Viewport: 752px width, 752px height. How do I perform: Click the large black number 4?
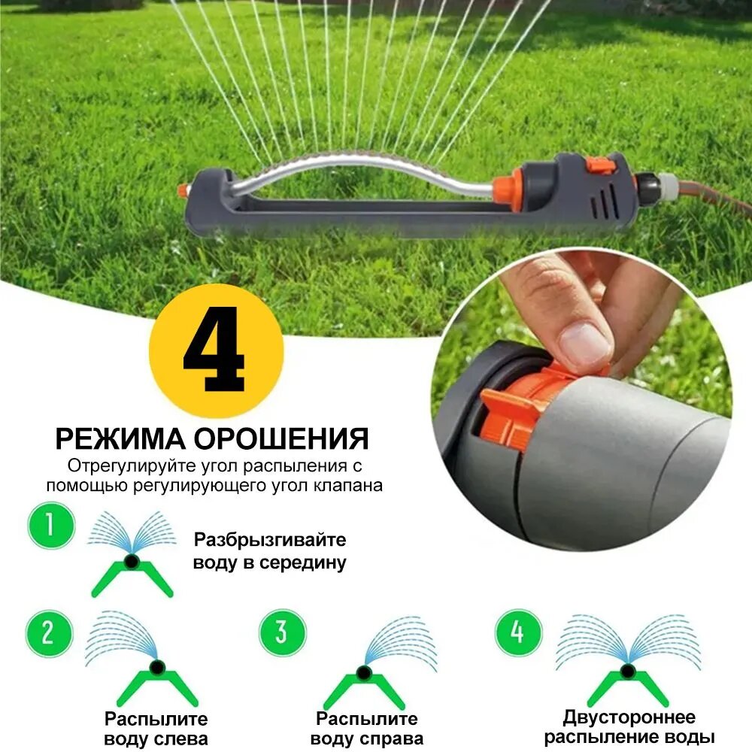click(x=214, y=350)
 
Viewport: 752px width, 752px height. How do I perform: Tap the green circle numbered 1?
click(x=51, y=525)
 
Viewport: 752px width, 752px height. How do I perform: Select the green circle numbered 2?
click(x=49, y=633)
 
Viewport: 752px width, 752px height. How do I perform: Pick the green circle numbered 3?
click(x=282, y=632)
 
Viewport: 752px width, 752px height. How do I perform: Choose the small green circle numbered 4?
click(x=518, y=632)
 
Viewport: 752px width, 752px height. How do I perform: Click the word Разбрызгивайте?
click(x=270, y=540)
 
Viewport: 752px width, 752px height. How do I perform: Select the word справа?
click(x=392, y=739)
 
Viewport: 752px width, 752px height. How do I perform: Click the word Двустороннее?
click(x=629, y=717)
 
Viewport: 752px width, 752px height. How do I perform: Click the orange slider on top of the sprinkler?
click(x=600, y=165)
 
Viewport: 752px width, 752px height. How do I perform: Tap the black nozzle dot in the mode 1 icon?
click(x=131, y=561)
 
